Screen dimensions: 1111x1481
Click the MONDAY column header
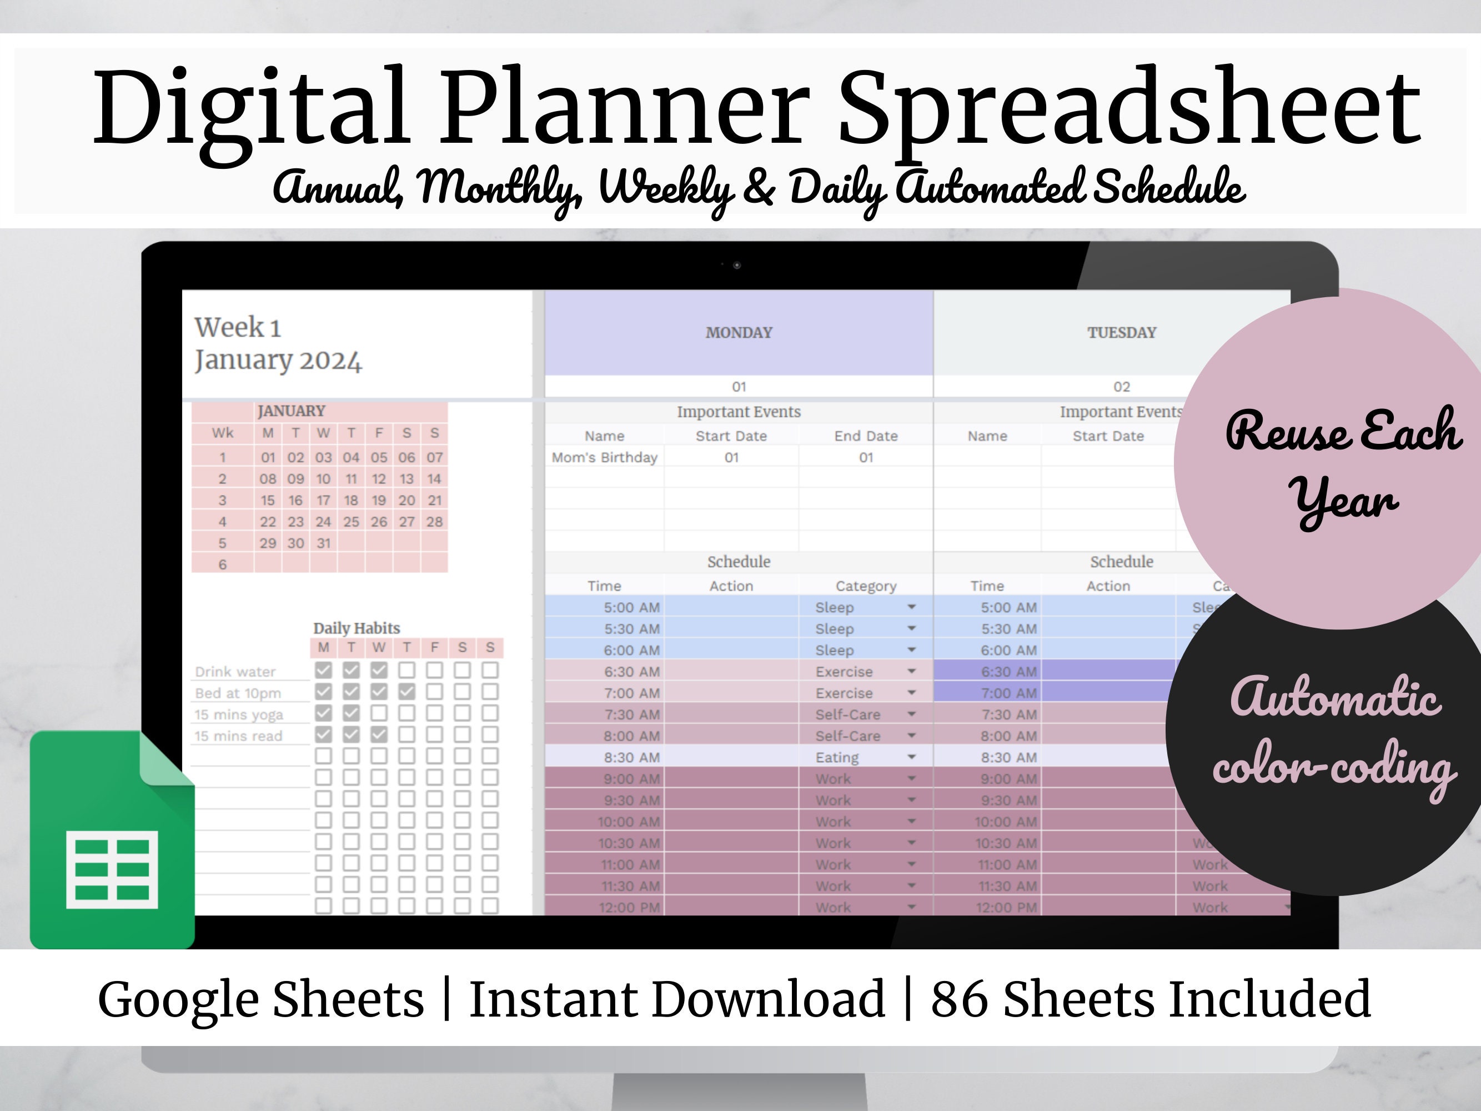pos(739,333)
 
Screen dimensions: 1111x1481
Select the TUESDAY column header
pos(1122,333)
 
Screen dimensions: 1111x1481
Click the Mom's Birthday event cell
pos(604,457)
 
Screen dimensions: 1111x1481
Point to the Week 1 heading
pos(238,328)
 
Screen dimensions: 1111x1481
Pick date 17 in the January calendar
pos(323,501)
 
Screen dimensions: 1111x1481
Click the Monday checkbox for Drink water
pos(323,670)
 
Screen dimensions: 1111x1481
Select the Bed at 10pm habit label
pos(238,693)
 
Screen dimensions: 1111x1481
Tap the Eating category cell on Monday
pos(837,757)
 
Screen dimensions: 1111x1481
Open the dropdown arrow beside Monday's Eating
pos(911,757)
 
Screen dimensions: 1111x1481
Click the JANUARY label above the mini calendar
pos(291,411)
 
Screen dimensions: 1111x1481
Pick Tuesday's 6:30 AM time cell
pos(1008,672)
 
